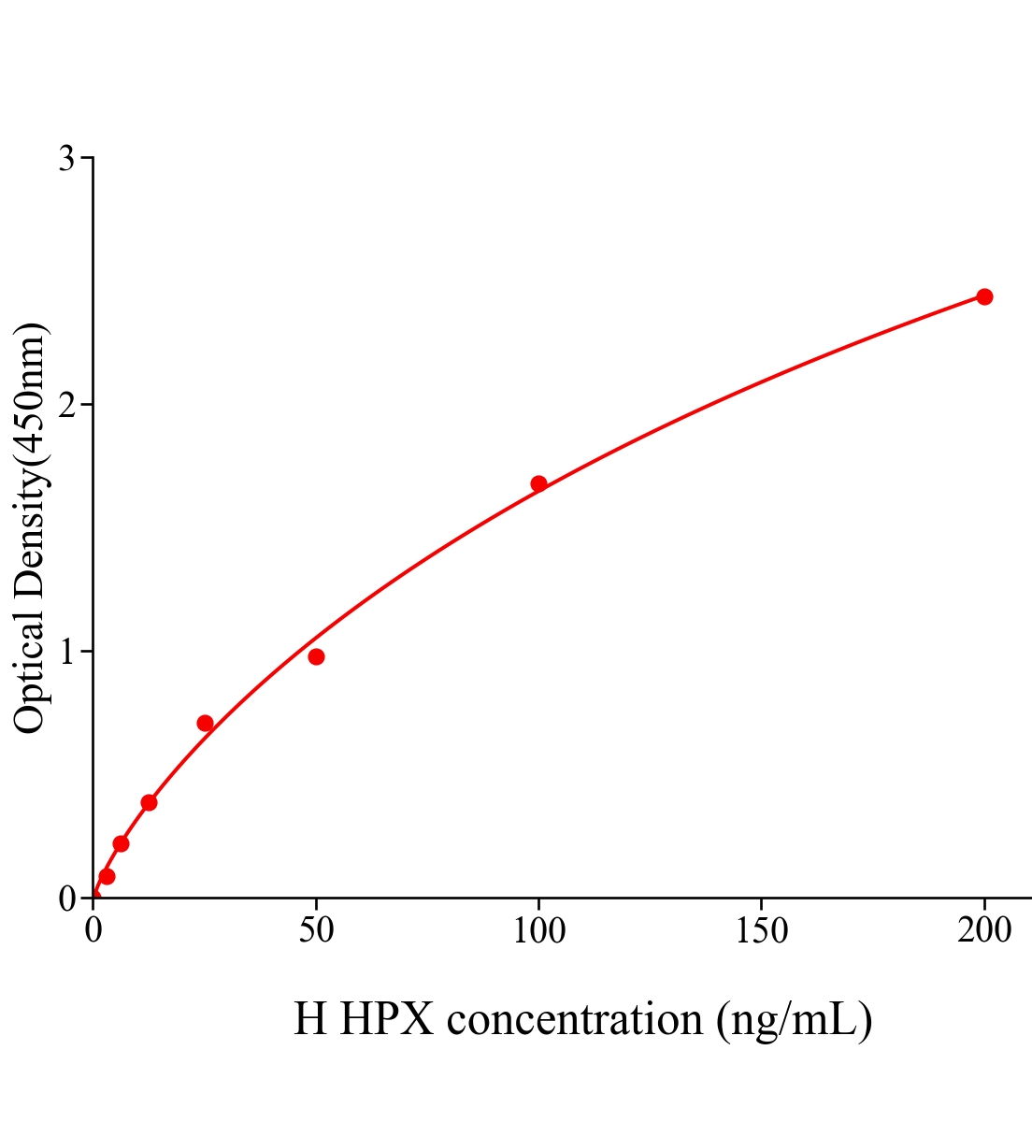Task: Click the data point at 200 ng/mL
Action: pyautogui.click(x=984, y=296)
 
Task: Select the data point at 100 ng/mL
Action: pyautogui.click(x=538, y=483)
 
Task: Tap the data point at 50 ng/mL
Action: pyautogui.click(x=316, y=656)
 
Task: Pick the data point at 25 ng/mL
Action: pyautogui.click(x=205, y=723)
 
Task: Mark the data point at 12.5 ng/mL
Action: pyautogui.click(x=149, y=802)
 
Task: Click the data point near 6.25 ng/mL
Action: pyautogui.click(x=121, y=843)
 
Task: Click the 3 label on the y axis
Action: pyautogui.click(x=66, y=159)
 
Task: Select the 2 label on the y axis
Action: pyautogui.click(x=66, y=405)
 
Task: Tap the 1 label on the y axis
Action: pyautogui.click(x=66, y=651)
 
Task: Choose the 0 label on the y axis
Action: pyautogui.click(x=66, y=899)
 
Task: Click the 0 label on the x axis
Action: pyautogui.click(x=93, y=931)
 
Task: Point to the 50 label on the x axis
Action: pyautogui.click(x=316, y=931)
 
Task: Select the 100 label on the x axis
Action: pyautogui.click(x=539, y=931)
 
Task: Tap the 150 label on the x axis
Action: pyautogui.click(x=762, y=931)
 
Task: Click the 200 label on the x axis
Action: pyautogui.click(x=984, y=931)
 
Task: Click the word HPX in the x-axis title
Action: pyautogui.click(x=387, y=1019)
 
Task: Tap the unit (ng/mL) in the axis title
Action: pyautogui.click(x=795, y=1019)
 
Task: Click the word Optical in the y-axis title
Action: pyautogui.click(x=30, y=683)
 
